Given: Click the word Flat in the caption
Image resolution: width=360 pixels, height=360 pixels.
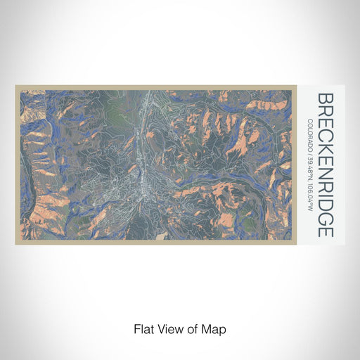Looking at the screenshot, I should (143, 328).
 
